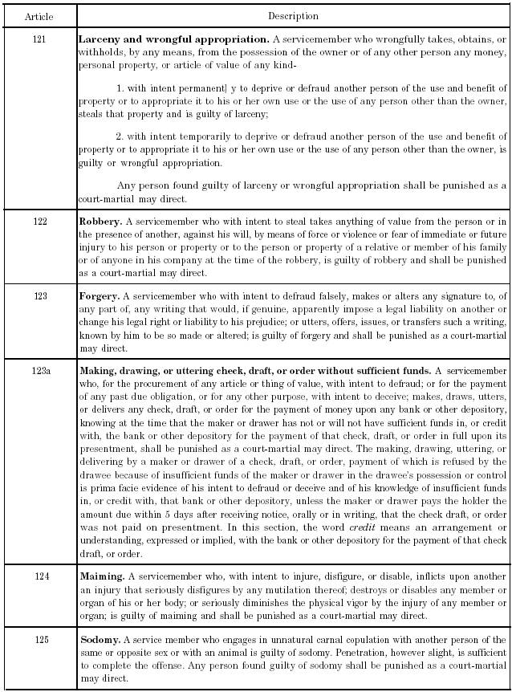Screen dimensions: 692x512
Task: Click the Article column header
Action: point(39,16)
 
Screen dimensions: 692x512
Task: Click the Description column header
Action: point(293,16)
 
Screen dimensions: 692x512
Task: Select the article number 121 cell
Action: point(39,39)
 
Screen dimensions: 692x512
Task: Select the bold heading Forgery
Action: point(99,296)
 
